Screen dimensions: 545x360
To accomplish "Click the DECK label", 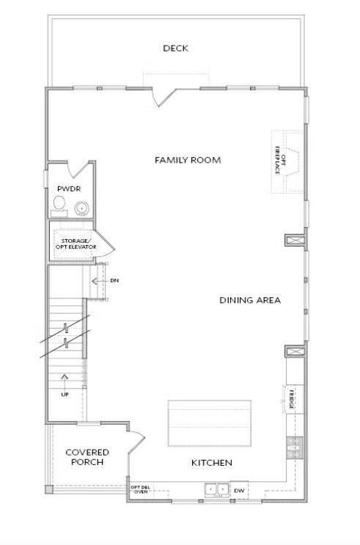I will coord(175,48).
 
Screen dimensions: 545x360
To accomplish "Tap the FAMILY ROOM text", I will coord(188,160).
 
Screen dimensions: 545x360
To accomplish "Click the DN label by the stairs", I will coord(114,280).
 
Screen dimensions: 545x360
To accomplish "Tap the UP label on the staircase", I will coord(65,395).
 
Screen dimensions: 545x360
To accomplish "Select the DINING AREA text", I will coord(249,300).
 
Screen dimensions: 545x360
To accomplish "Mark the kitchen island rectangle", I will coord(209,423).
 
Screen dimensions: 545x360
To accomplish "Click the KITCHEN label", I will coord(212,463).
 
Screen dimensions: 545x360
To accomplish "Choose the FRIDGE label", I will coord(290,400).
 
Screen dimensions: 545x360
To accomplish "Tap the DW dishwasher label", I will coord(239,490).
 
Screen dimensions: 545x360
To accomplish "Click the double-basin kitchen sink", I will coord(216,489).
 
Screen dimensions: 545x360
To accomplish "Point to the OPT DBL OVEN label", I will coord(140,490).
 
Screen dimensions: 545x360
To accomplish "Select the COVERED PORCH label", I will coord(87,458).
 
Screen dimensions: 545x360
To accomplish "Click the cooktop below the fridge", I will coord(293,446).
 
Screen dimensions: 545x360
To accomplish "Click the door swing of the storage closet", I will coord(103,244).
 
